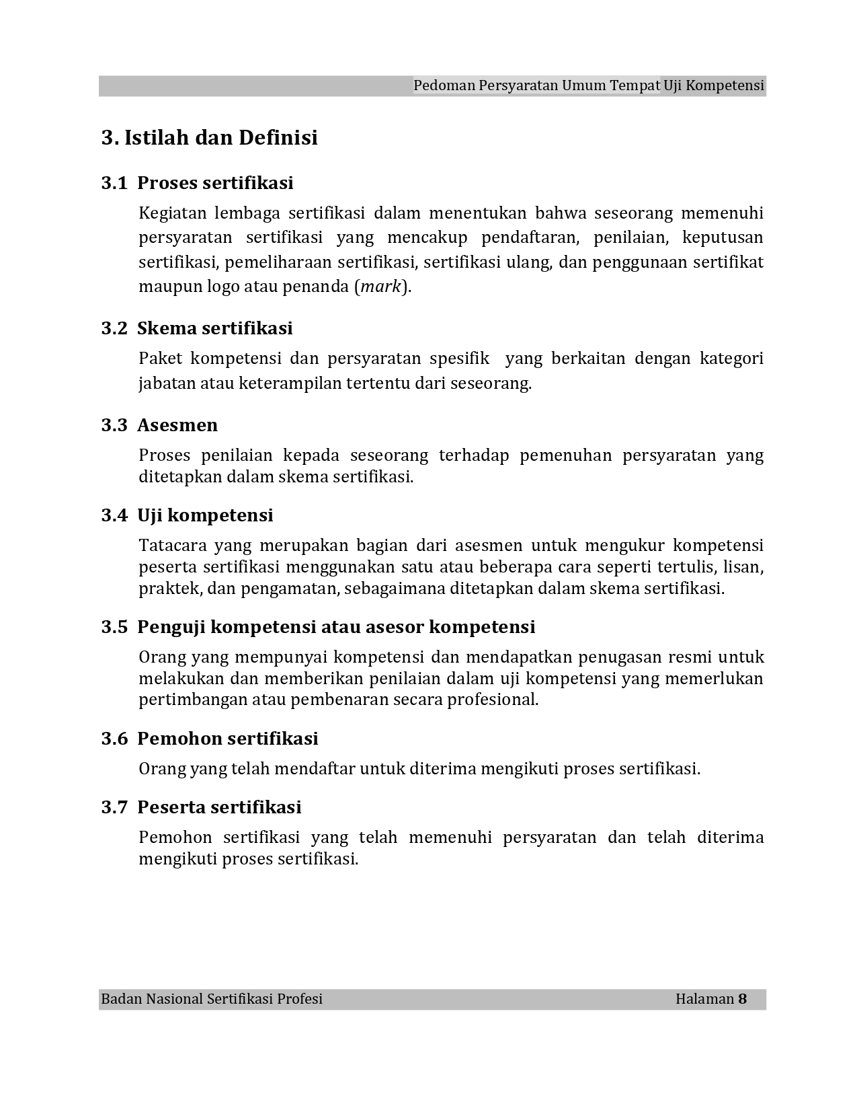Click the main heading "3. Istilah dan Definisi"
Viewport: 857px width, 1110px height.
click(209, 138)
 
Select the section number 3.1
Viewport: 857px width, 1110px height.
click(114, 183)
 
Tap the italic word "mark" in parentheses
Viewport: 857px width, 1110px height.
click(380, 287)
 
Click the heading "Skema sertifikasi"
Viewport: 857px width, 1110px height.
click(215, 328)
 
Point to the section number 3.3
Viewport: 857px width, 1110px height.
click(114, 425)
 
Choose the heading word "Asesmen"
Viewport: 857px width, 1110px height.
click(177, 425)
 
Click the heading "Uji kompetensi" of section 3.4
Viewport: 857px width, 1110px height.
click(205, 515)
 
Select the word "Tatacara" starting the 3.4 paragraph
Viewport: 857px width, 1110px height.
click(171, 545)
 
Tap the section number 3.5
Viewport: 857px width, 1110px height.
click(114, 627)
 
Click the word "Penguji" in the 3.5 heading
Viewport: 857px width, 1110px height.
click(171, 627)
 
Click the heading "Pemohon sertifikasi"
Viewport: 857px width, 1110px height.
click(227, 739)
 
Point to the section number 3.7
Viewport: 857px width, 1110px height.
click(114, 807)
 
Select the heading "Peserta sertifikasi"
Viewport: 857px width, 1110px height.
click(219, 807)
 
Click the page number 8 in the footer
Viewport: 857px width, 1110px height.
click(742, 999)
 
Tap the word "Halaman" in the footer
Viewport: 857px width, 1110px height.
click(704, 999)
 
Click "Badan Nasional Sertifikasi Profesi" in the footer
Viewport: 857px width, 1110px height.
click(212, 999)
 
